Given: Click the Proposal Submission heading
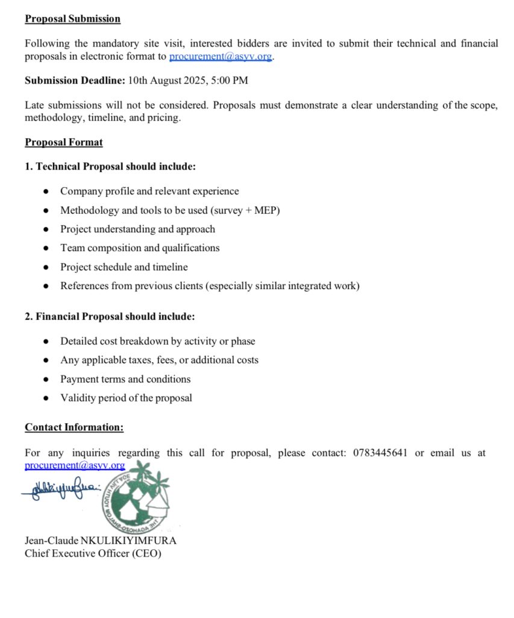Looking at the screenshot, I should click(72, 19).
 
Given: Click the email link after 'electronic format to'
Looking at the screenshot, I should click(221, 57).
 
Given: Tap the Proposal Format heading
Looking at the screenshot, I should click(64, 142).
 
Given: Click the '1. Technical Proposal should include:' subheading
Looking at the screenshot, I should click(110, 166).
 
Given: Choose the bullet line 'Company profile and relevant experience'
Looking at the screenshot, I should click(149, 191).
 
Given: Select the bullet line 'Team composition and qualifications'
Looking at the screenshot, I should click(140, 248).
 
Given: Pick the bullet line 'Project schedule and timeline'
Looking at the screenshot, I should click(124, 267).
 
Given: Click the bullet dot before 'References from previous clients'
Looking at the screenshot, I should click(46, 287).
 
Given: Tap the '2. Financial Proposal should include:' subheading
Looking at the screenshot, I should click(110, 316).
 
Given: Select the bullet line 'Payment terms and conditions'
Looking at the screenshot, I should click(125, 379).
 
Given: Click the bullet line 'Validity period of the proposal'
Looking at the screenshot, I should click(126, 398).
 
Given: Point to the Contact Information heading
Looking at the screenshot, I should click(74, 427).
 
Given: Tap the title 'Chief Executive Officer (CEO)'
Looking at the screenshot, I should click(93, 553).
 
